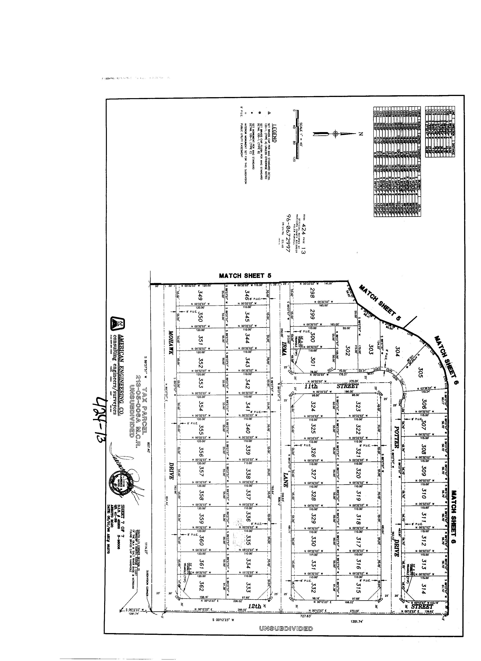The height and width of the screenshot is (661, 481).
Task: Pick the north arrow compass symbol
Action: click(x=336, y=134)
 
